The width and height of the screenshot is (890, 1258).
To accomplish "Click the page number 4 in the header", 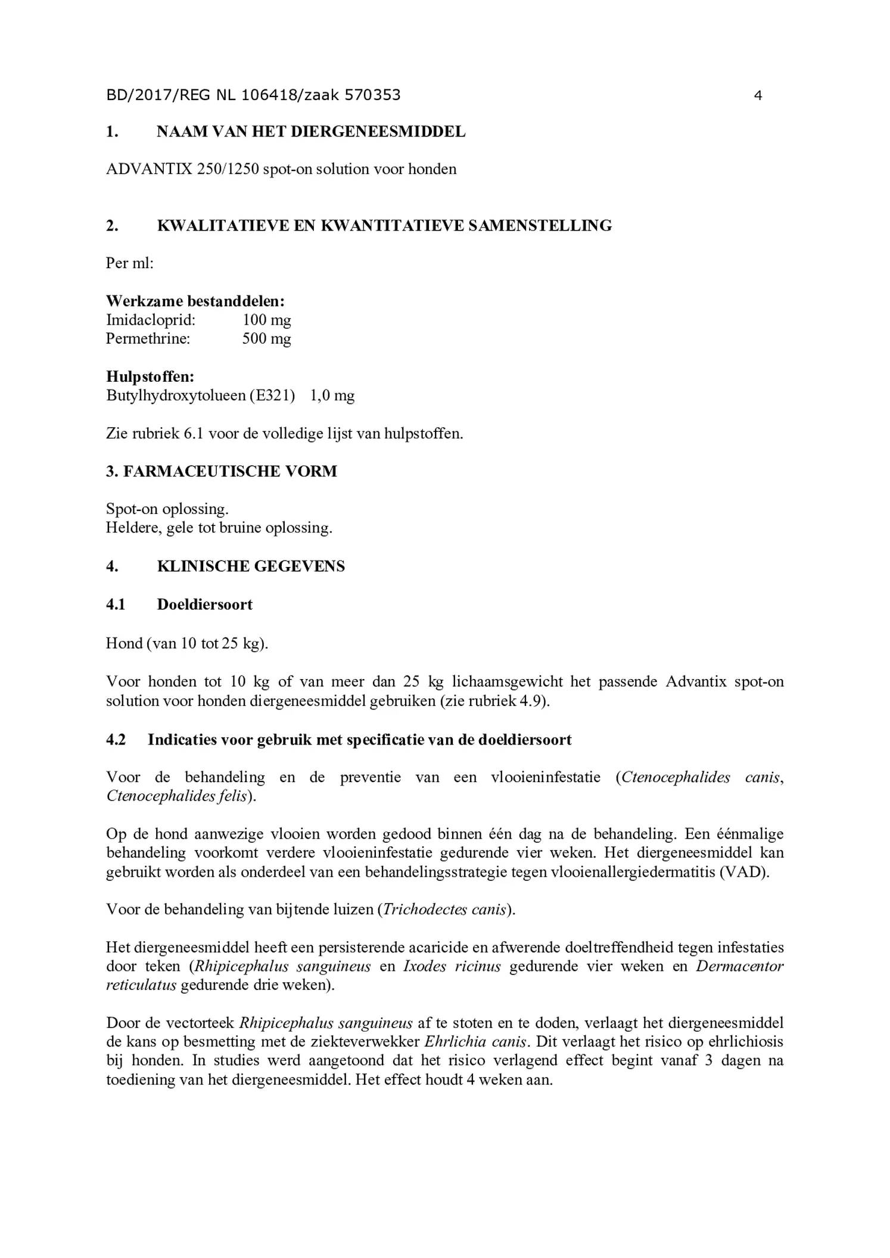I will click(758, 95).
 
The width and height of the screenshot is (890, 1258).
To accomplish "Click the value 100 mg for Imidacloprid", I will click(266, 320).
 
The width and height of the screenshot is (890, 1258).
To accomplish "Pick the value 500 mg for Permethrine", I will click(266, 339).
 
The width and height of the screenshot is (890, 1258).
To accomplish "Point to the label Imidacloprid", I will click(151, 320).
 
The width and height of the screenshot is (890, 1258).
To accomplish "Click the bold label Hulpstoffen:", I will click(150, 376).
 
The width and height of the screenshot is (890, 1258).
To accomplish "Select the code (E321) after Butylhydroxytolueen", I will click(272, 396).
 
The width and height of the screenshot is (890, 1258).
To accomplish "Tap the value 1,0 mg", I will click(332, 396).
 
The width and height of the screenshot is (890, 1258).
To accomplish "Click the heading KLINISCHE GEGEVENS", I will click(251, 566).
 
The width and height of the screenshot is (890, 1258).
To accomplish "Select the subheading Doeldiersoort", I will click(204, 605).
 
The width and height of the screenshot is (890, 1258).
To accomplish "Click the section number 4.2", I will click(116, 740).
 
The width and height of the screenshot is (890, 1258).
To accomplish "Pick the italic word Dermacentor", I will click(740, 966).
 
